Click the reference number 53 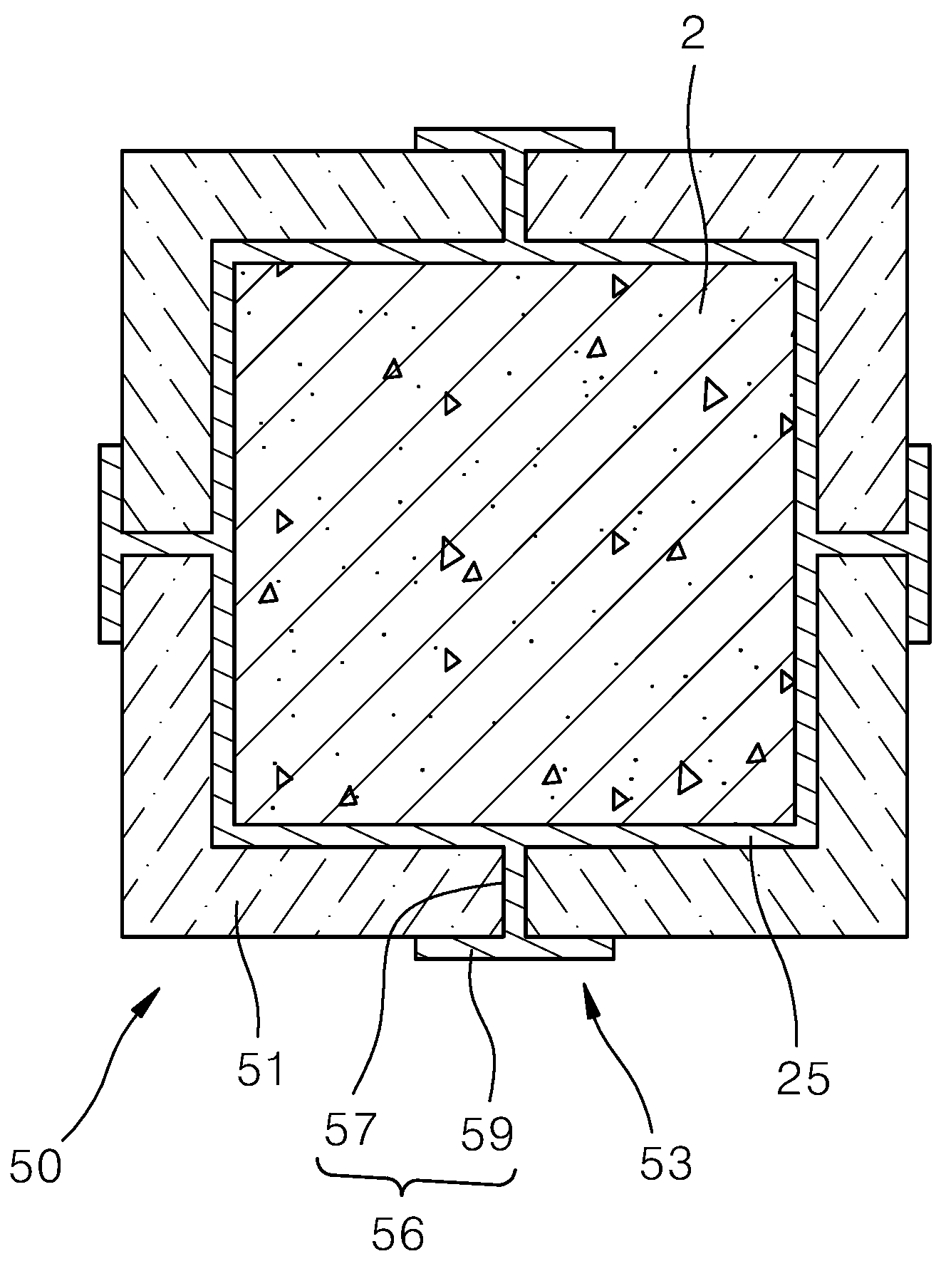[666, 1163]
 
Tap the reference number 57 [350, 1129]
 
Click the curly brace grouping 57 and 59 [415, 1181]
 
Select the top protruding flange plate [514, 139]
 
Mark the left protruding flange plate [110, 544]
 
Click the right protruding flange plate [918, 544]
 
